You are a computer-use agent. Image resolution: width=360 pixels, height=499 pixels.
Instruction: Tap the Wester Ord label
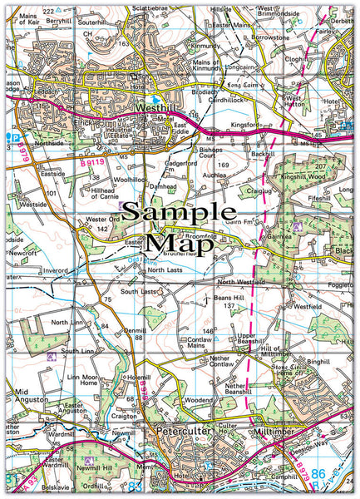coord(105,219)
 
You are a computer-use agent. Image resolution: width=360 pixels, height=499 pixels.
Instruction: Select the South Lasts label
coord(137,292)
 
